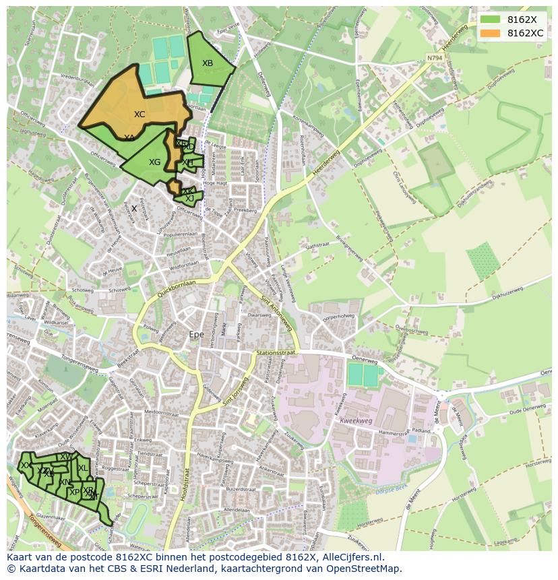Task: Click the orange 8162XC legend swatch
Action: pos(491,33)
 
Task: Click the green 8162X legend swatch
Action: pos(491,20)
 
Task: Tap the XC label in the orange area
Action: pos(139,115)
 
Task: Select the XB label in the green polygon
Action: pos(208,63)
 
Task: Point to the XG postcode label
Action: pos(155,162)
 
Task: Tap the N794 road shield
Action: pos(435,58)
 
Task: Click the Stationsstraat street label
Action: pos(276,353)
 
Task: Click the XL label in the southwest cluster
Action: pos(82,468)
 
